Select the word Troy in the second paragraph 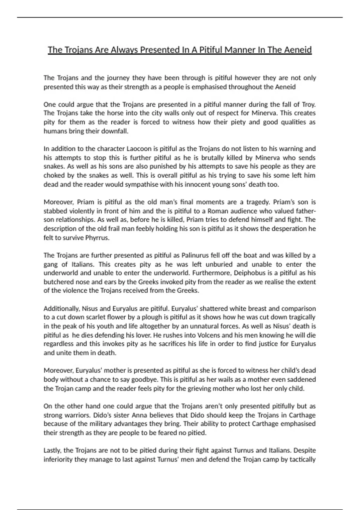308,104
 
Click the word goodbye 144,379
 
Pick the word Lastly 52,450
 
